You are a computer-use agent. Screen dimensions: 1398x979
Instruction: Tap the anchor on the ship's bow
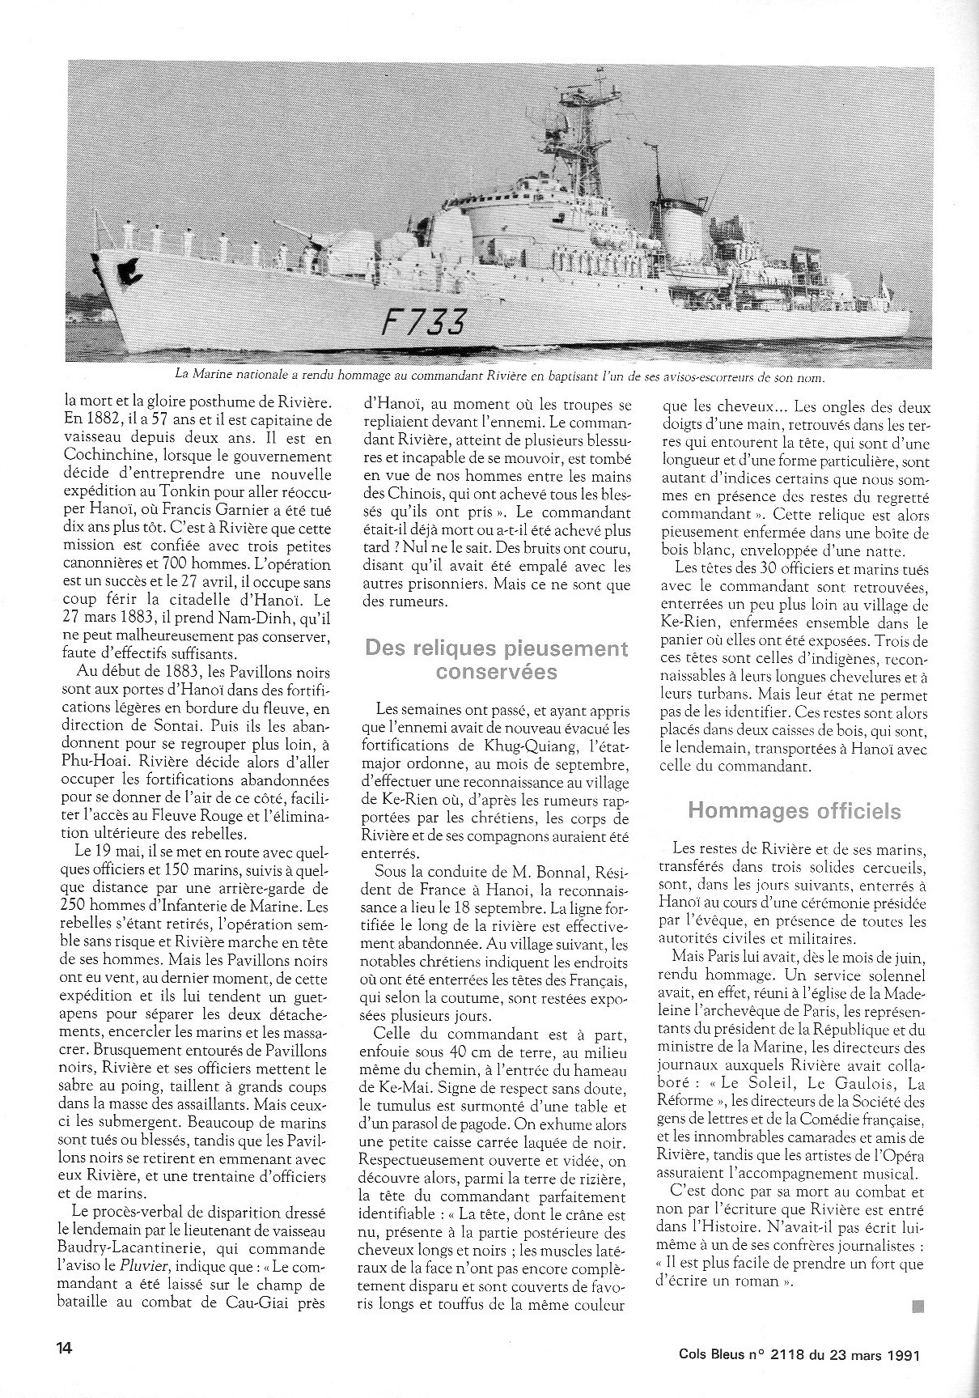130,269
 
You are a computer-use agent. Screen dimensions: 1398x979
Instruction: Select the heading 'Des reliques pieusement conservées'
497,660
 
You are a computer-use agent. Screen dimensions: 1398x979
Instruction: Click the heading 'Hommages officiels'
793,810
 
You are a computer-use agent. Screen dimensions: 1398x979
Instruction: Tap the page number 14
65,1347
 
